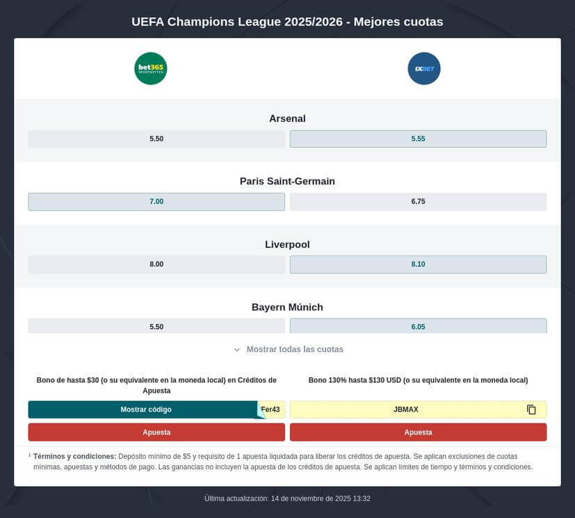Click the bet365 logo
tap(151, 69)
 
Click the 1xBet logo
tap(424, 69)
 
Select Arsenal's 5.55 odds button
tap(418, 139)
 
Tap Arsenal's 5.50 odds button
tap(156, 139)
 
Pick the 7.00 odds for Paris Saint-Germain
tap(156, 201)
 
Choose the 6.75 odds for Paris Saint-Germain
tap(418, 201)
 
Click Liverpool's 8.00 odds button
tap(156, 265)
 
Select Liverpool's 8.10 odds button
tap(418, 265)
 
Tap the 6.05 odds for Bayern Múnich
tap(418, 326)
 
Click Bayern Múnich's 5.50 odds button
tap(156, 326)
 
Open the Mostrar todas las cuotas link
tap(295, 349)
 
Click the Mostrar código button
tap(145, 410)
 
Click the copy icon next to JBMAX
tap(531, 410)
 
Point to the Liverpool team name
tap(287, 244)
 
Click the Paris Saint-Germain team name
tap(287, 181)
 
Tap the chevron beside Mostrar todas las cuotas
tap(237, 350)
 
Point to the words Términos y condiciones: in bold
tap(74, 456)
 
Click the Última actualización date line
tap(287, 499)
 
